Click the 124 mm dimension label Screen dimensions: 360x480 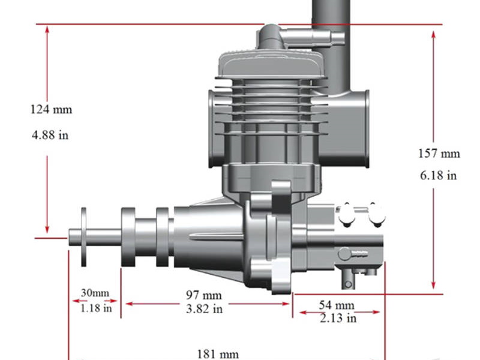tap(51, 110)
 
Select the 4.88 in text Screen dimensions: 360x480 tap(50, 135)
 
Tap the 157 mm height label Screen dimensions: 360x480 tap(439, 154)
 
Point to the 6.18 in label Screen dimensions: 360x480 tap(439, 175)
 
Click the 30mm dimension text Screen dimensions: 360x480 tap(95, 293)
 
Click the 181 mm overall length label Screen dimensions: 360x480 tap(218, 354)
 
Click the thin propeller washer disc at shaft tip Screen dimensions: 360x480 tap(83, 236)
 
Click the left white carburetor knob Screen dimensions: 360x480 tap(346, 215)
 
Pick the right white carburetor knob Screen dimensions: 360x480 tap(376, 214)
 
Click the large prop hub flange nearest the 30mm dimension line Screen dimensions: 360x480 tap(130, 237)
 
